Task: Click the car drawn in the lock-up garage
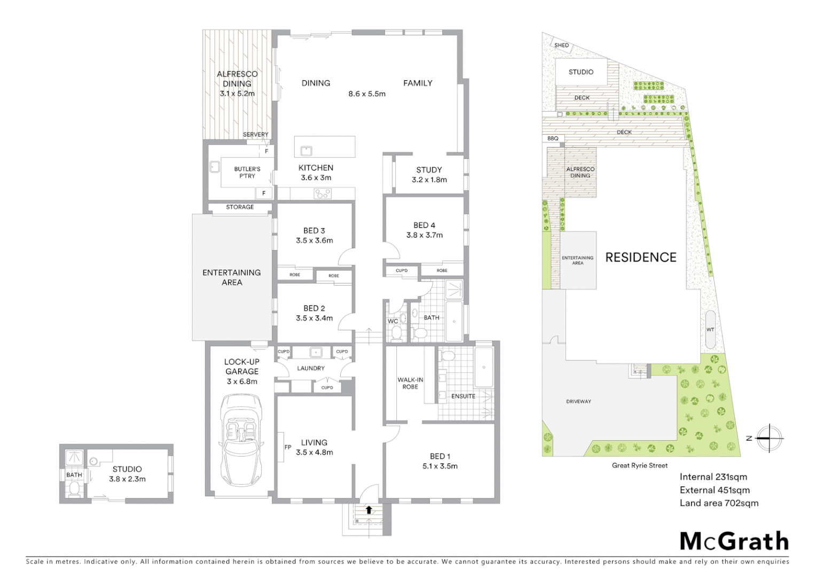click(x=241, y=439)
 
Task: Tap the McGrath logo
click(x=734, y=541)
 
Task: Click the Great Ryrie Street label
click(x=639, y=465)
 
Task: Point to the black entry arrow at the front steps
click(x=368, y=510)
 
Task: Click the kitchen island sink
click(x=306, y=151)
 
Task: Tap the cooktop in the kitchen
click(x=323, y=194)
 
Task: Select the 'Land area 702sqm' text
click(x=718, y=503)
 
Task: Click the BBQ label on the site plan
click(x=553, y=138)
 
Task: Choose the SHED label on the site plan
click(x=561, y=45)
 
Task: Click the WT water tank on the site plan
click(x=710, y=329)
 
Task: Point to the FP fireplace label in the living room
click(x=287, y=447)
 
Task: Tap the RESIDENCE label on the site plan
click(x=640, y=258)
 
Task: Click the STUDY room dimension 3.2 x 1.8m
click(x=429, y=180)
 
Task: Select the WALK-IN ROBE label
click(x=410, y=383)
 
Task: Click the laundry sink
click(x=315, y=352)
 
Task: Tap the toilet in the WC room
click(x=396, y=333)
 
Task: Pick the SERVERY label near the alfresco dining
click(x=256, y=135)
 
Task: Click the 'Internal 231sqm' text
click(x=713, y=477)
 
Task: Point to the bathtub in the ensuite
click(x=484, y=368)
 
